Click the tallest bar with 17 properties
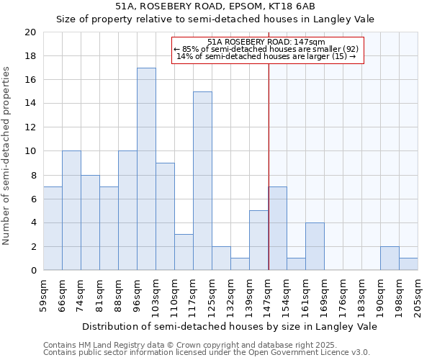point(146,169)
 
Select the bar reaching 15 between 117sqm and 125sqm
point(202,181)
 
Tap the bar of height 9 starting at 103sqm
point(165,217)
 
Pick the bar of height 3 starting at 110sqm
point(184,252)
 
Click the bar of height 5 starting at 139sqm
point(258,240)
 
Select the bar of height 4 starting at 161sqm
point(315,246)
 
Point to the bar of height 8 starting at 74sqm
point(90,222)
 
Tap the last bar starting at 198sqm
point(408,264)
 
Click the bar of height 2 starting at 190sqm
point(390,258)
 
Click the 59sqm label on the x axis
point(44,293)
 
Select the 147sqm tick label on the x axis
point(269,293)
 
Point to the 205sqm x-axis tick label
point(418,293)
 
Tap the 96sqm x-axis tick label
point(138,293)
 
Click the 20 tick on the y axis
point(30,32)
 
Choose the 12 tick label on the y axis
point(30,127)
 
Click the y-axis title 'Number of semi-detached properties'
point(7,156)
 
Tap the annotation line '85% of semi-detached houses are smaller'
point(268,49)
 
